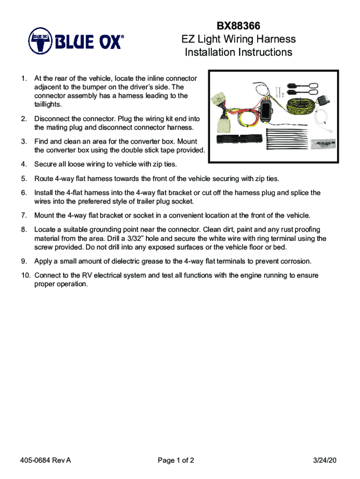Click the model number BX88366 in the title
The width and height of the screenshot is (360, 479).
(238, 25)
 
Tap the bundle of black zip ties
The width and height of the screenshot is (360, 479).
(286, 140)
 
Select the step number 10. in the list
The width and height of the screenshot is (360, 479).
(26, 276)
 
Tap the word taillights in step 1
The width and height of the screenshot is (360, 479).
(48, 104)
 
